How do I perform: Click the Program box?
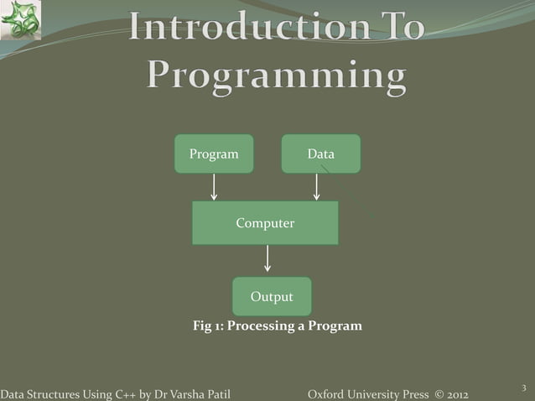(x=214, y=154)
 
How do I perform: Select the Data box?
(x=320, y=154)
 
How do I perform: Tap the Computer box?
(x=265, y=223)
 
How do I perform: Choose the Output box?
(x=272, y=297)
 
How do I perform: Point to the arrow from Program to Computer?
(x=214, y=187)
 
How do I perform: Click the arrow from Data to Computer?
(x=316, y=187)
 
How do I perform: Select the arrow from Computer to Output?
(x=267, y=258)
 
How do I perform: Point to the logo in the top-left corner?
(x=20, y=20)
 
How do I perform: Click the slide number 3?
(x=522, y=387)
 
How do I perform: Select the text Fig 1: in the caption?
(x=208, y=325)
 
